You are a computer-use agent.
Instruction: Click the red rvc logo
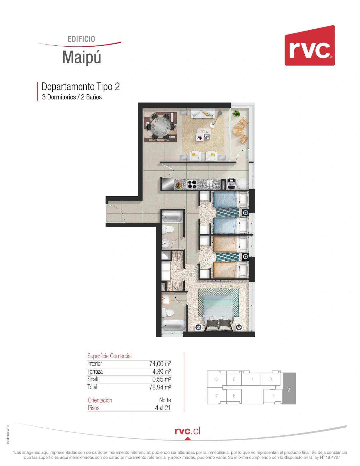coord(309,45)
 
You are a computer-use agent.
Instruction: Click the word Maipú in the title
coord(82,57)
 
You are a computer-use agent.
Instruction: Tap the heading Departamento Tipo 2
coord(80,87)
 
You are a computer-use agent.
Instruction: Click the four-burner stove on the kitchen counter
coord(192,184)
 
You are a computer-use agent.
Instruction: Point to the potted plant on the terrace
coord(236,113)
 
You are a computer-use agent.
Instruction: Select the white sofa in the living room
coord(203,113)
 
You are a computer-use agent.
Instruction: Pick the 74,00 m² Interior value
coord(160,364)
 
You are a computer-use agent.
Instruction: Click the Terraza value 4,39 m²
coord(161,371)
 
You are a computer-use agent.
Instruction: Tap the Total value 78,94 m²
coord(160,387)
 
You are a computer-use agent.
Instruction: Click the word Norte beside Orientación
coord(165,400)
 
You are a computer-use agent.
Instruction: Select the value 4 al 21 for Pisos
coord(163,408)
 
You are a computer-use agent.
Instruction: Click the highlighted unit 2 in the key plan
coord(289,388)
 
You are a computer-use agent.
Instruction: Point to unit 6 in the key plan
coord(216,379)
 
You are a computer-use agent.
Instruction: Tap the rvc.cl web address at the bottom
coord(187,431)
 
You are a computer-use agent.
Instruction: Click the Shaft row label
coord(93,379)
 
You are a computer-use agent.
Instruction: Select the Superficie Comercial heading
coord(109,356)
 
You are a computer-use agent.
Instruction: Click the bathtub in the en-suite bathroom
coord(174,325)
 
